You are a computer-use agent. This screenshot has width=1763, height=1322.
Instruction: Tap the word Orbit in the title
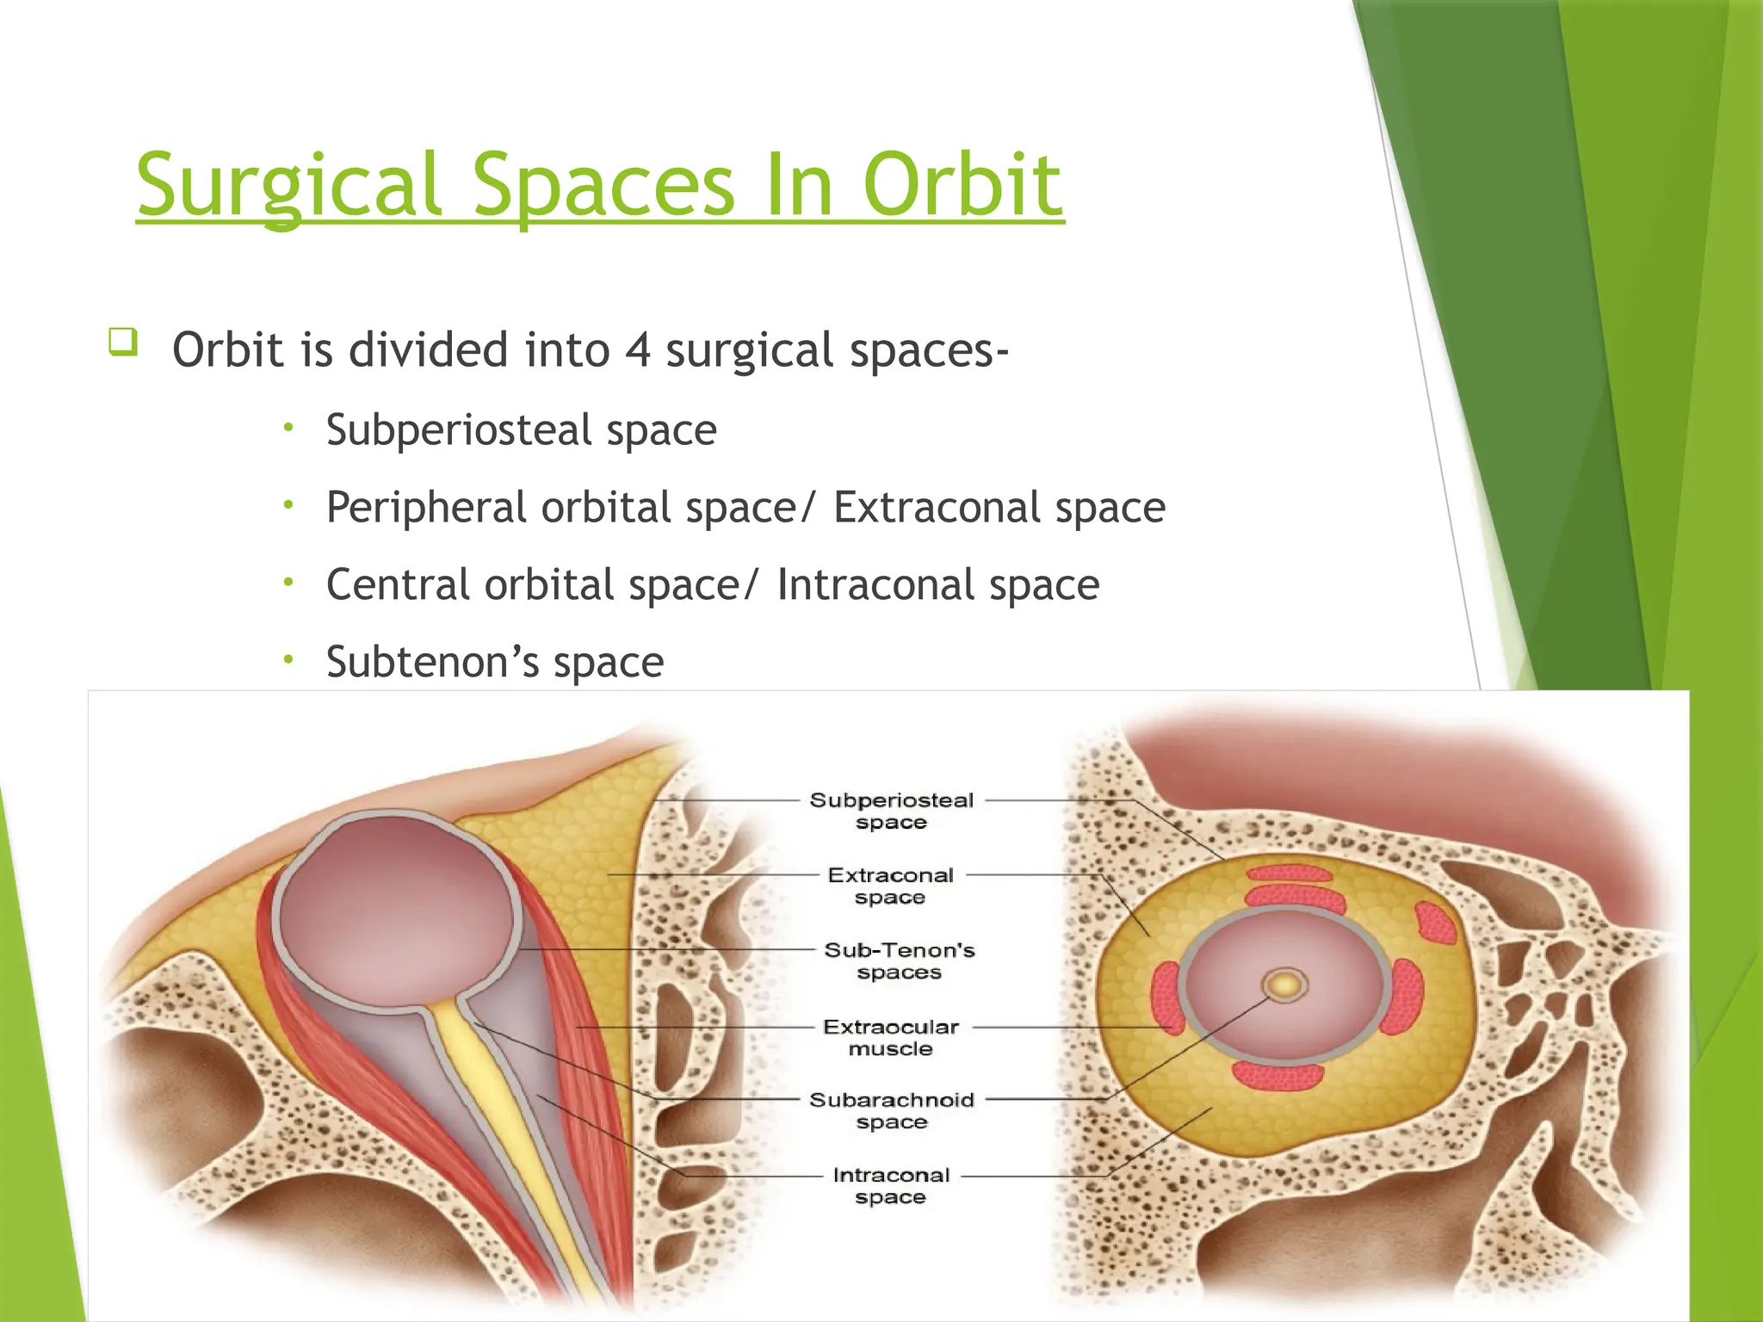point(962,185)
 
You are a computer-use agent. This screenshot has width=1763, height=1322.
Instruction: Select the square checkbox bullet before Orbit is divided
point(122,342)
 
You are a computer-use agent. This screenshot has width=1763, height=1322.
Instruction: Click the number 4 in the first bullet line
point(637,350)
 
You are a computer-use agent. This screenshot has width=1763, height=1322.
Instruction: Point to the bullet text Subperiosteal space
point(521,429)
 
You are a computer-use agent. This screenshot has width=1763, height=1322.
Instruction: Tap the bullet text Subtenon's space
point(495,663)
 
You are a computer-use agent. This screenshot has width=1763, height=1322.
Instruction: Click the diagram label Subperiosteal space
point(892,811)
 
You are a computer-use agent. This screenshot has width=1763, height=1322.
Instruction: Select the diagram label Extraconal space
point(891,886)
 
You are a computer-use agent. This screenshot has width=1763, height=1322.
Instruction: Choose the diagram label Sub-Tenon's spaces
point(899,961)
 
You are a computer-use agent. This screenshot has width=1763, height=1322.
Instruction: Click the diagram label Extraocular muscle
point(891,1037)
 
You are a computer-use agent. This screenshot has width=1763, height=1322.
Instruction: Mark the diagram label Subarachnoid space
point(892,1110)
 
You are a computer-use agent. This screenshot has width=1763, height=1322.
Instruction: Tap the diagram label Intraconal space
point(891,1185)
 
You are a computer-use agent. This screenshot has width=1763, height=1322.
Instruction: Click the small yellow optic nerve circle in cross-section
point(1284,985)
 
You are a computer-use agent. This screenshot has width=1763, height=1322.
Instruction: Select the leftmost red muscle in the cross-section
point(1168,998)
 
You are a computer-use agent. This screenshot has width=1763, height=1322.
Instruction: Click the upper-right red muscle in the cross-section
point(1435,923)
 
